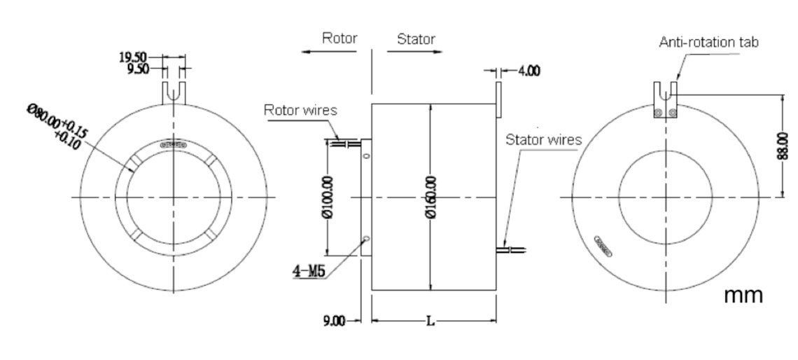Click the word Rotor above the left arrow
point(339,39)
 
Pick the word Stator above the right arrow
point(416,39)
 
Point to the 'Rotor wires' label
point(300,110)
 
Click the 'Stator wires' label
point(543,140)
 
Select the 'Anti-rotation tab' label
point(708,42)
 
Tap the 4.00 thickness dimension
point(528,71)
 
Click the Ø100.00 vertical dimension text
point(327,197)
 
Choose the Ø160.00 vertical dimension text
point(431,197)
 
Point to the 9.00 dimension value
point(335,321)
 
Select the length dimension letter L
point(430,321)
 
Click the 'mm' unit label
point(743,296)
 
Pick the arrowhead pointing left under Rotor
point(305,52)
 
